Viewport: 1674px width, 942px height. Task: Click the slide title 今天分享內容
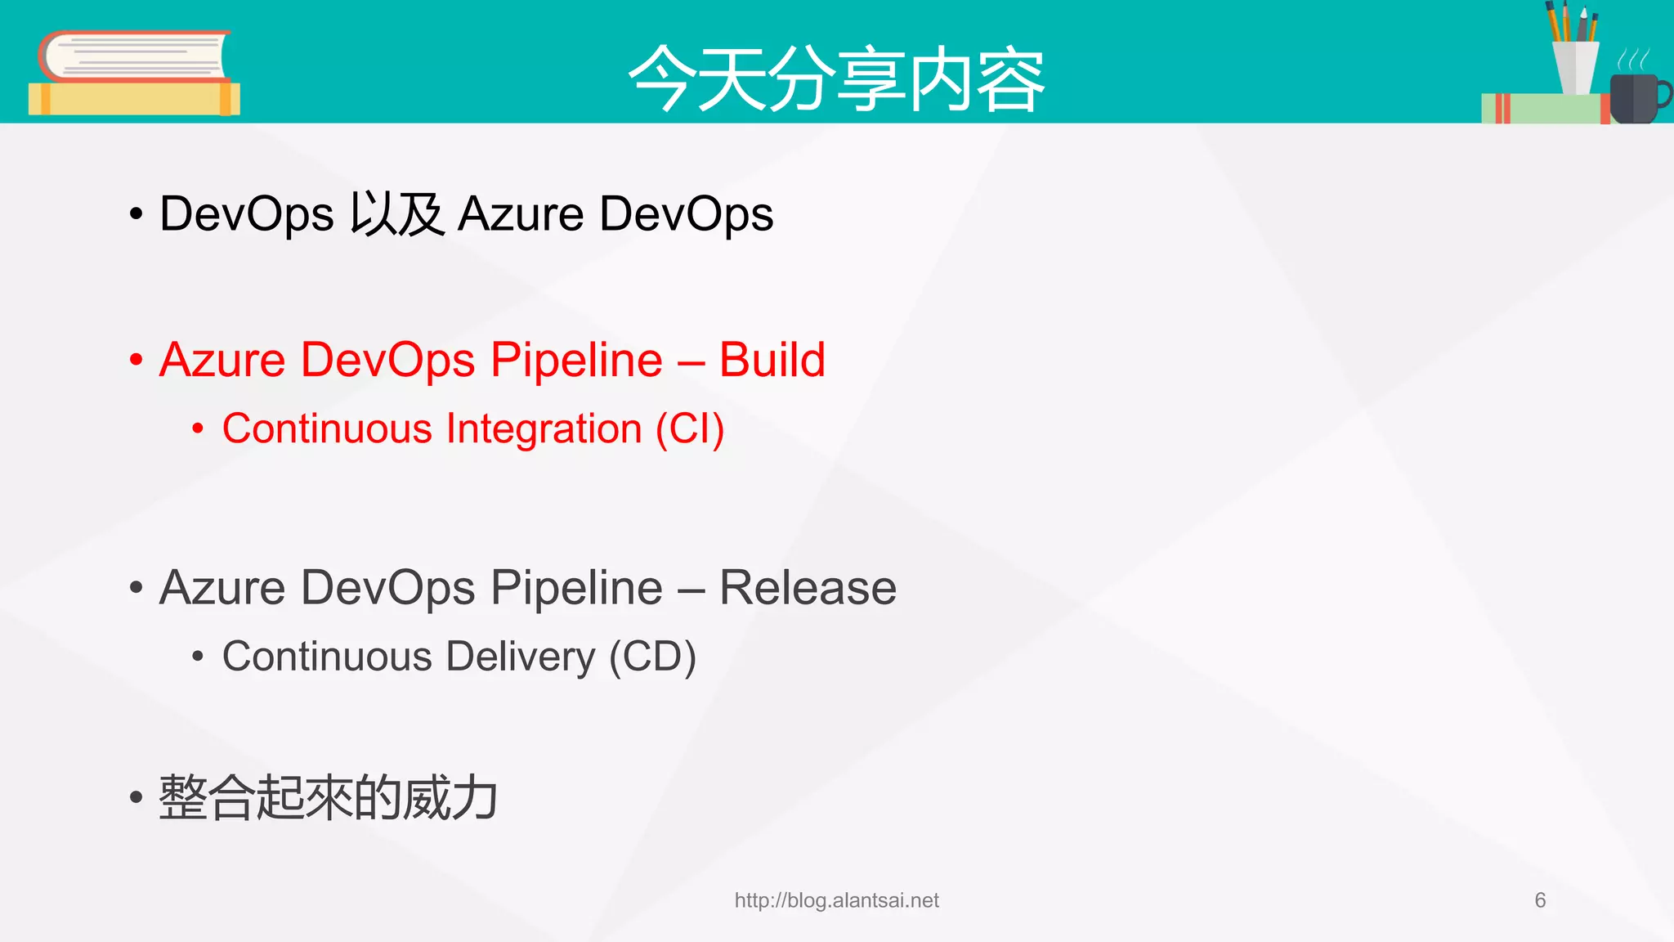836,79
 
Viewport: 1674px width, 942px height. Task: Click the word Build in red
772,360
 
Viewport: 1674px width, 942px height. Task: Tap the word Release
808,588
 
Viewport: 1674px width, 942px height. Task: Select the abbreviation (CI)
690,429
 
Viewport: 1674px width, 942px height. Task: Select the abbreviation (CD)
652,657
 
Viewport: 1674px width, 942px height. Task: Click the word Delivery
521,657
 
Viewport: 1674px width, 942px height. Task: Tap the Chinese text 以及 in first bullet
396,214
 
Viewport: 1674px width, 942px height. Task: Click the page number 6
1540,900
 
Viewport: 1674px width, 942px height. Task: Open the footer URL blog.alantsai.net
836,900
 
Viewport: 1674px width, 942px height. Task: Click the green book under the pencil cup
1543,109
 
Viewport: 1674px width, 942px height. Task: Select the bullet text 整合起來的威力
328,798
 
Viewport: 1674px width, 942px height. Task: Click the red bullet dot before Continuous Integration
197,429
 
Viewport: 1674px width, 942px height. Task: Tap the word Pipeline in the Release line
576,588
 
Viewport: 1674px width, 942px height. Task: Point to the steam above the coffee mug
1633,59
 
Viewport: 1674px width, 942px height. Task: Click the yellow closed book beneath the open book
133,99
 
